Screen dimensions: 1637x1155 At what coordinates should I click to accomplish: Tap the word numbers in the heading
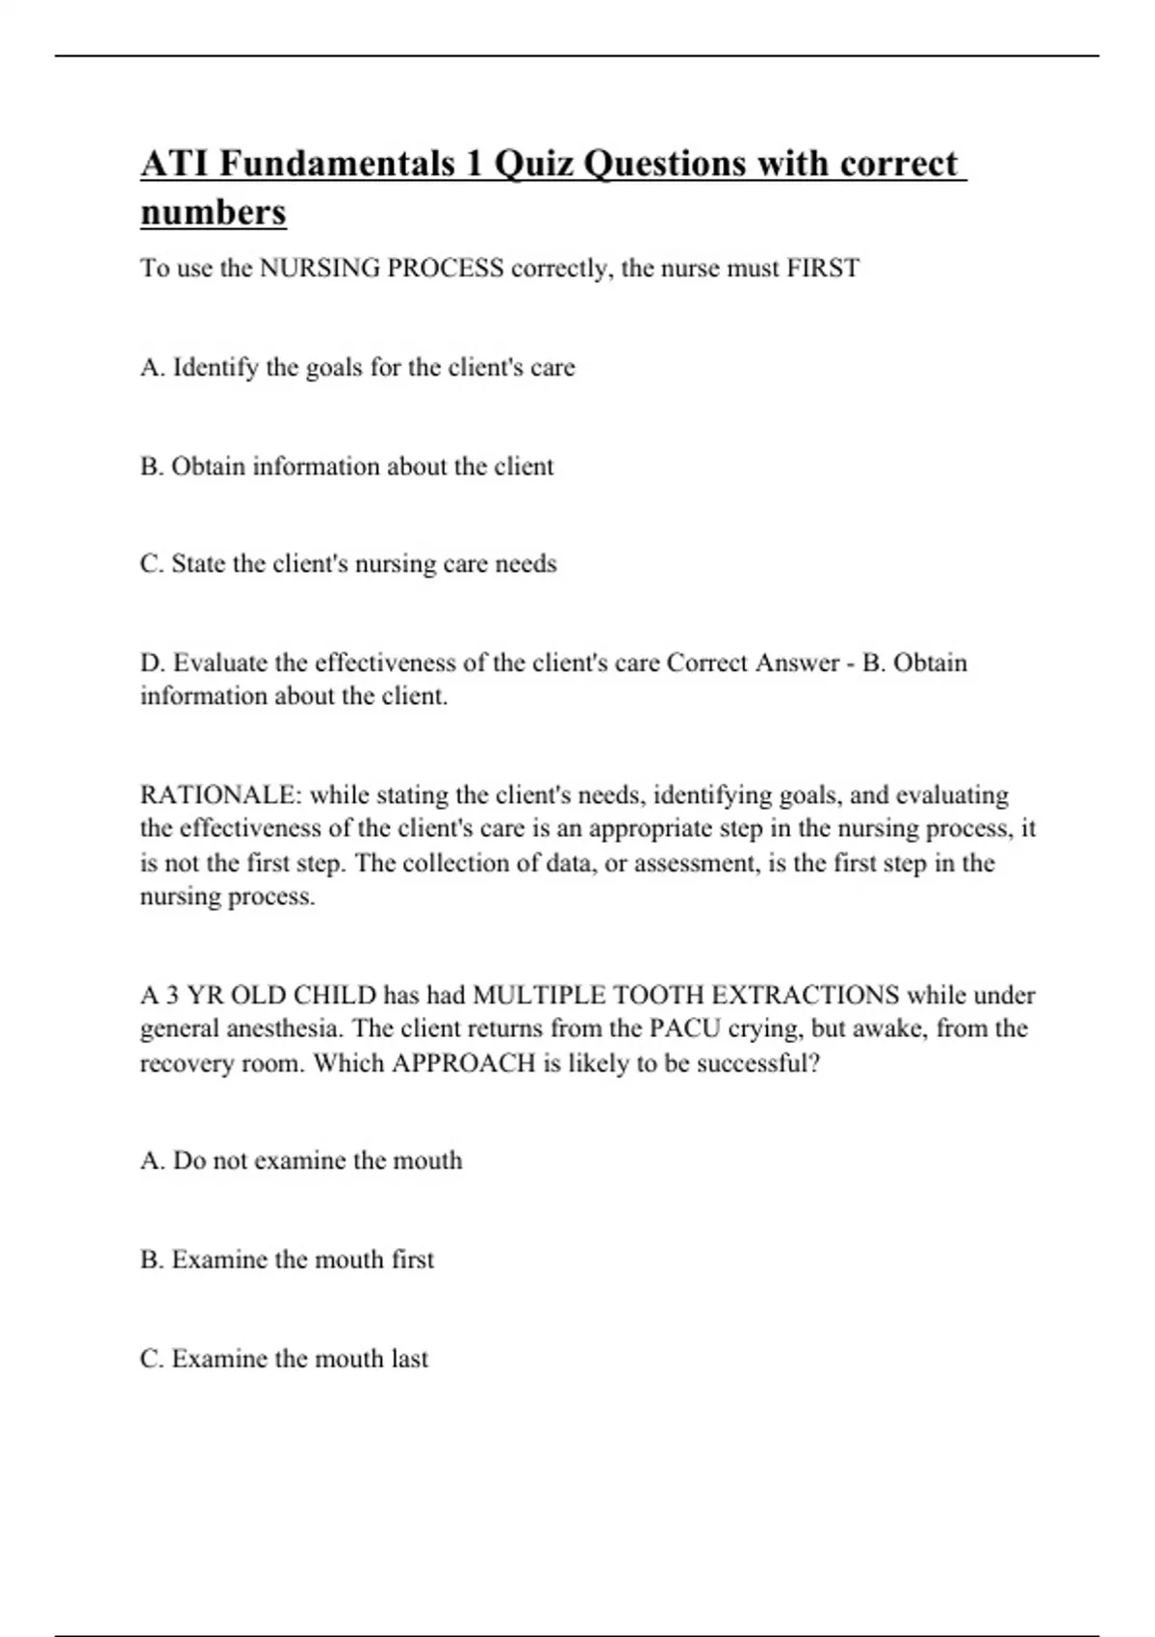click(213, 212)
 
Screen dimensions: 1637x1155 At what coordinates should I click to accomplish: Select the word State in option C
click(196, 564)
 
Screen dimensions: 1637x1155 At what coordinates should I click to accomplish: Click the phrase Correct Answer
click(753, 663)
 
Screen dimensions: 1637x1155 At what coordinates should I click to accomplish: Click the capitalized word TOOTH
click(655, 995)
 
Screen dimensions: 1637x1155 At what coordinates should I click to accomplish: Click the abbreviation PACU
click(682, 1028)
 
